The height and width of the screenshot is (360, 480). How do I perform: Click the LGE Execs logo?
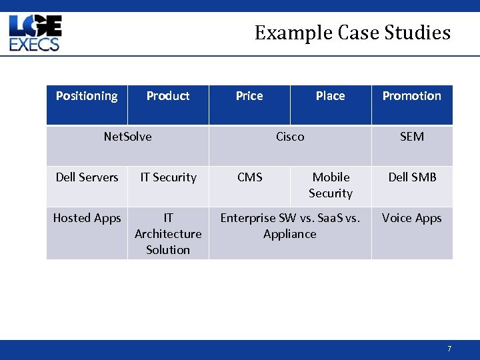click(x=35, y=34)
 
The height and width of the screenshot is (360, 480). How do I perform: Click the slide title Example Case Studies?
click(x=352, y=33)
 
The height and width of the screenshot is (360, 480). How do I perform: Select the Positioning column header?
click(x=87, y=96)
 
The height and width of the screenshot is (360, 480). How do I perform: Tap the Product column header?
click(x=168, y=96)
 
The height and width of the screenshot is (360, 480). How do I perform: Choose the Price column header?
click(x=249, y=96)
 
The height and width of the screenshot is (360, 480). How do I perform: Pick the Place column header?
click(x=331, y=96)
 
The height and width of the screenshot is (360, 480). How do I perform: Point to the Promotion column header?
click(x=411, y=96)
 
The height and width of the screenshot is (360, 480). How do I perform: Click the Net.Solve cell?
click(x=127, y=137)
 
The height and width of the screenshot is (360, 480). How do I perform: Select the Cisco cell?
click(x=290, y=137)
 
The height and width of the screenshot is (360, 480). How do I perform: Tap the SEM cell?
click(x=411, y=137)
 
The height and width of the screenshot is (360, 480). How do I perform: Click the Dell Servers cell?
click(x=87, y=177)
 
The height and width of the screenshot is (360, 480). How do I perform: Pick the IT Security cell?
click(x=168, y=177)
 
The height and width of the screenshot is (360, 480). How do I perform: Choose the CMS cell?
click(x=249, y=177)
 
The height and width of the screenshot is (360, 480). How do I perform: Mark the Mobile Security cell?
click(x=331, y=185)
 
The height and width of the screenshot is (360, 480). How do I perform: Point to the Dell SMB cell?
click(x=412, y=177)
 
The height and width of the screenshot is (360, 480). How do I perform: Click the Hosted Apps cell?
click(x=87, y=218)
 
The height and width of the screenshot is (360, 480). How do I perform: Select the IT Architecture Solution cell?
click(x=168, y=234)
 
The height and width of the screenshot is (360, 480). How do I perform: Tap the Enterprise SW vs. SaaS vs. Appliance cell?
click(x=290, y=226)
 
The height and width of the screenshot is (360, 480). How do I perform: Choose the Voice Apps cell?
click(x=411, y=218)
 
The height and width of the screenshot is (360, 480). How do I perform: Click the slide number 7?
click(x=449, y=349)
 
